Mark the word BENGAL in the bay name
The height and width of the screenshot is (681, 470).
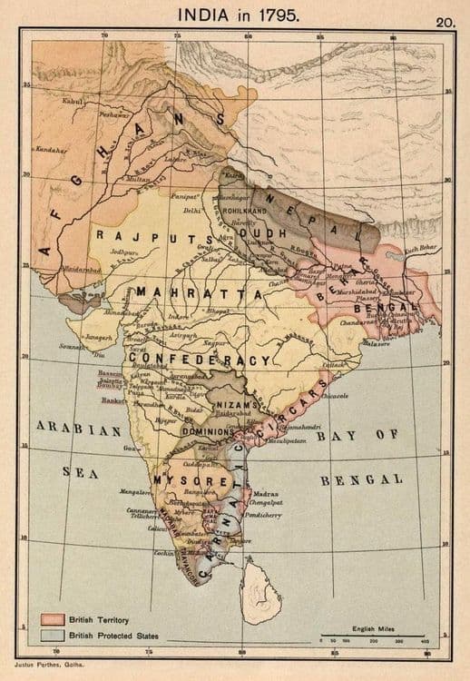364,479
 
